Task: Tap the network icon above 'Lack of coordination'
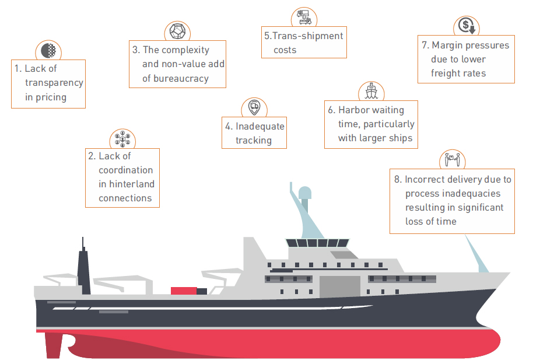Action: click(x=122, y=139)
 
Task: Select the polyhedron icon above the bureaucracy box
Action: click(x=177, y=31)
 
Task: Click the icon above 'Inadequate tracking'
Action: click(x=254, y=107)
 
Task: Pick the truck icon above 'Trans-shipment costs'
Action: click(x=304, y=16)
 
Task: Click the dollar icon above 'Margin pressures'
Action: click(x=466, y=26)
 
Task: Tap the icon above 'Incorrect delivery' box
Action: click(x=452, y=159)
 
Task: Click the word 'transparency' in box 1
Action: click(x=54, y=83)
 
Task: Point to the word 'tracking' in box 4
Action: click(x=254, y=141)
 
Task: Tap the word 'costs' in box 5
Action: click(x=285, y=50)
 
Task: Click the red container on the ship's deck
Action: click(x=184, y=291)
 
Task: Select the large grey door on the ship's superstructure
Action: click(x=339, y=286)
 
